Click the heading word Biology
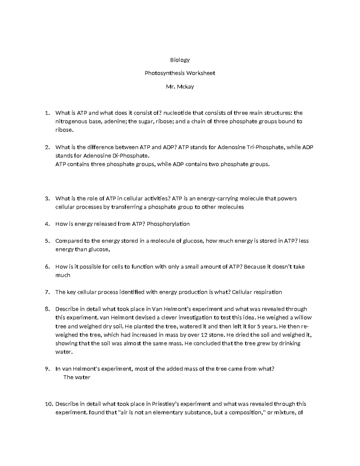pos(180,60)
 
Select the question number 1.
pos(46,113)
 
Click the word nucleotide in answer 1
pos(177,113)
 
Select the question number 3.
pos(46,199)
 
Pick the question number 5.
pos(46,241)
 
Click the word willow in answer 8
pos(303,318)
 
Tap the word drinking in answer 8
pos(289,343)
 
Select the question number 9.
pos(46,369)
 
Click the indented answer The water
pos(77,377)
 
